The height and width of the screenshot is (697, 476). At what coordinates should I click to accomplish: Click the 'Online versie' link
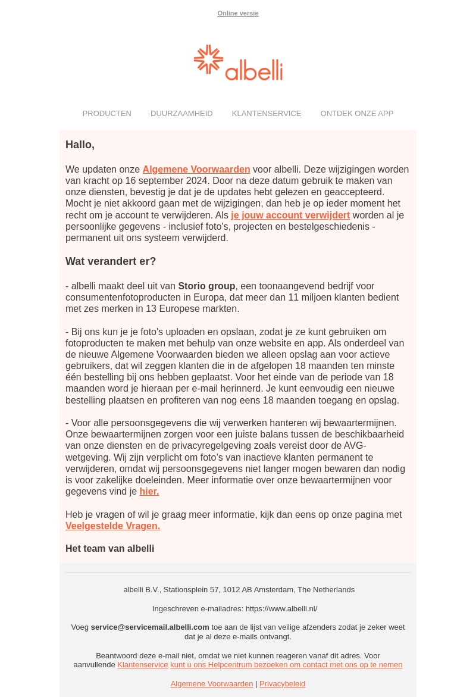[x=237, y=13]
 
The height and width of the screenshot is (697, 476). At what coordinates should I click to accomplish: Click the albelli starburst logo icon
[x=208, y=60]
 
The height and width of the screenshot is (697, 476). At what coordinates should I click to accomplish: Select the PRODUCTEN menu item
[x=107, y=113]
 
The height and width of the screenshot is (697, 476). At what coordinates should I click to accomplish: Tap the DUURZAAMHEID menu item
[x=181, y=113]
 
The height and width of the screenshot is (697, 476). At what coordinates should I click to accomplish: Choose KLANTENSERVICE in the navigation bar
[x=267, y=113]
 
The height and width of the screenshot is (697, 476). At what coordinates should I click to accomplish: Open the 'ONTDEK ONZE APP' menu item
[x=356, y=113]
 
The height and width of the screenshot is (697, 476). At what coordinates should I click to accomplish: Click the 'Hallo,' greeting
[x=80, y=145]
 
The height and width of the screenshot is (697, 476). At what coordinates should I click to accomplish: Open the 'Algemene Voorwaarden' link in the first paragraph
[x=196, y=170]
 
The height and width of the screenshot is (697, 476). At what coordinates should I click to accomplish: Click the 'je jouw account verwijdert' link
[x=290, y=215]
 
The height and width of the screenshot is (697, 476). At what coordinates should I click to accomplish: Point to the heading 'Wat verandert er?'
[x=111, y=261]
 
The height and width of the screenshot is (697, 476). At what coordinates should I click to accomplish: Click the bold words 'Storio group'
[x=206, y=286]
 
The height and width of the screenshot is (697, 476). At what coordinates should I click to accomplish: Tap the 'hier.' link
[x=149, y=492]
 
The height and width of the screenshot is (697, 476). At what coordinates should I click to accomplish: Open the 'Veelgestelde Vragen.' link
[x=112, y=526]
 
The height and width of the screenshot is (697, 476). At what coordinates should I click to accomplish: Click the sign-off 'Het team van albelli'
[x=109, y=549]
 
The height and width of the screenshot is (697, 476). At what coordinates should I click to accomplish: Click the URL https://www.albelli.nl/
[x=281, y=609]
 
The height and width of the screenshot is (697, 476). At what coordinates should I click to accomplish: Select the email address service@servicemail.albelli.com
[x=150, y=627]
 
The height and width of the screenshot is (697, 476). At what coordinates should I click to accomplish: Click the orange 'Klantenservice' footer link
[x=143, y=665]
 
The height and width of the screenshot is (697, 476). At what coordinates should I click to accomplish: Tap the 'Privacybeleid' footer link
[x=282, y=684]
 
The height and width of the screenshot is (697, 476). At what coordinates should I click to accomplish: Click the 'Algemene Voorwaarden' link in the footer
[x=212, y=684]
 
